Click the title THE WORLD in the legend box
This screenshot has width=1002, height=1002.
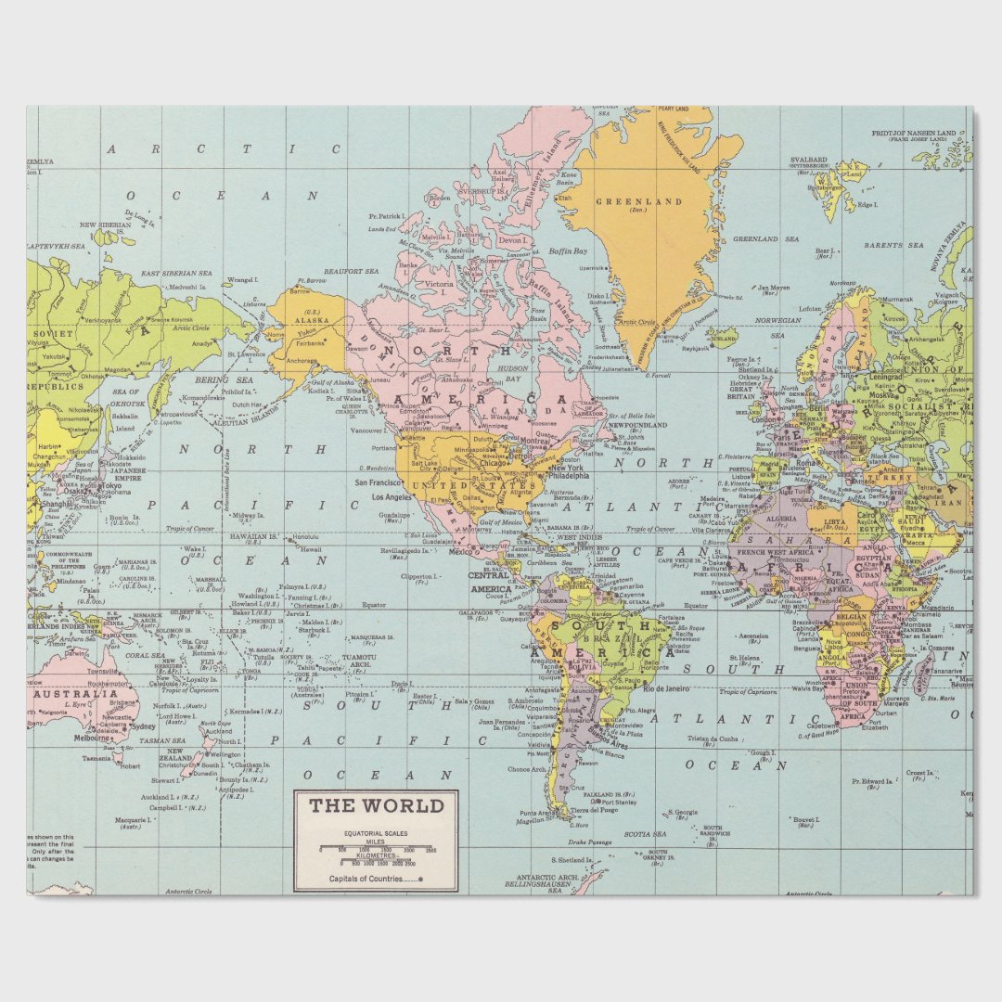[377, 805]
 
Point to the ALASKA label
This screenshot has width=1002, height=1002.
[313, 319]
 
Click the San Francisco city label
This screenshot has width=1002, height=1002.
[378, 482]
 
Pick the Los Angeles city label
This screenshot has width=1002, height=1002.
[391, 497]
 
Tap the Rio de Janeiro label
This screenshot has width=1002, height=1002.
[667, 688]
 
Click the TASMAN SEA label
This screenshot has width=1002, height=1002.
[163, 741]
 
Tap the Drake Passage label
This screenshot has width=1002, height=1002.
[589, 841]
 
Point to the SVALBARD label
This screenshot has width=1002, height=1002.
[808, 160]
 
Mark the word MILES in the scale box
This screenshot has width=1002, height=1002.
[376, 841]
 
